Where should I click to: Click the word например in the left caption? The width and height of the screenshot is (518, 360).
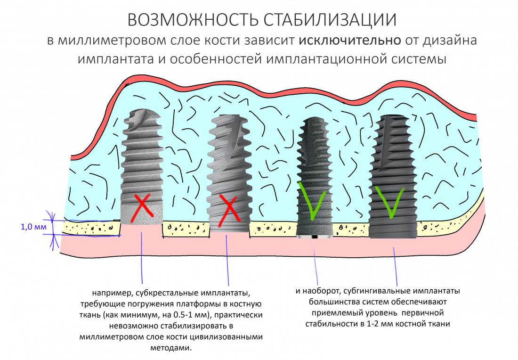pos(111,294)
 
